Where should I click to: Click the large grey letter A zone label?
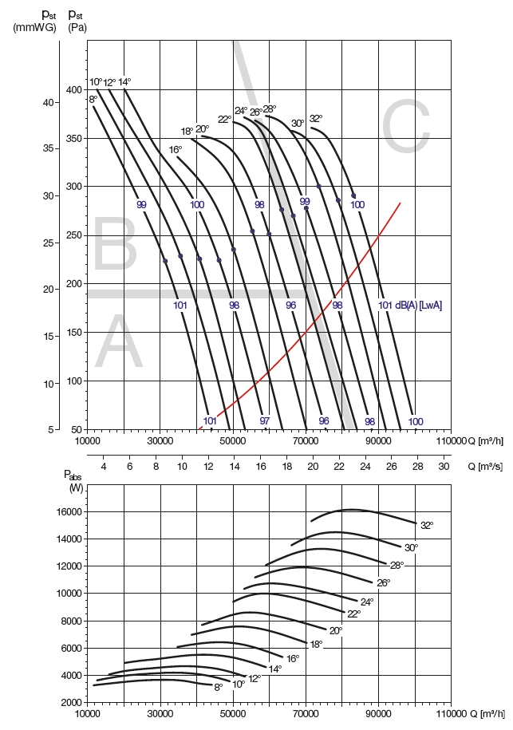click(120, 343)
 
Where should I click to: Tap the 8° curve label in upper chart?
click(93, 99)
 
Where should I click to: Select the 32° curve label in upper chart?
click(316, 119)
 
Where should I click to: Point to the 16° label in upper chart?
click(176, 149)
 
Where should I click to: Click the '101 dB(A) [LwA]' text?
click(410, 305)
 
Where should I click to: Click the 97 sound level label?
click(265, 420)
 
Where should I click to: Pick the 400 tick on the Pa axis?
click(74, 89)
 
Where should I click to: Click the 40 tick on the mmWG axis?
click(47, 103)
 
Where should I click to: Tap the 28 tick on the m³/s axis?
click(417, 466)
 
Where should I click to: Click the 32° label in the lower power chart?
click(427, 526)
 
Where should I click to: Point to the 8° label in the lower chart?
click(218, 687)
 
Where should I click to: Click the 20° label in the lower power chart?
click(336, 630)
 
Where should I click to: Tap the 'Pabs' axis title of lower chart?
click(73, 475)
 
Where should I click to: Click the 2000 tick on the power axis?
click(72, 702)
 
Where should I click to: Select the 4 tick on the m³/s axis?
click(104, 466)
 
